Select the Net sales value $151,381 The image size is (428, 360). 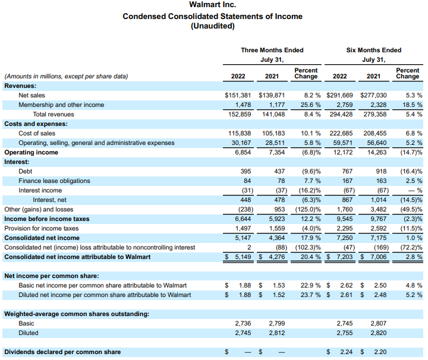tap(238, 95)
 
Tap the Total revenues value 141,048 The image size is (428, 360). tap(273, 114)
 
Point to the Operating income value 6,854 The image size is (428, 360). tap(241, 152)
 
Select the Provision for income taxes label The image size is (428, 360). tap(41, 228)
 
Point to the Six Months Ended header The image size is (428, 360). tap(374, 50)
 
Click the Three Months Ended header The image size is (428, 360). tap(272, 50)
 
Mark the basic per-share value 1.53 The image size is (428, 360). tap(278, 285)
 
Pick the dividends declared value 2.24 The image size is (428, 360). tap(345, 352)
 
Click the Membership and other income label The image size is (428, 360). tap(61, 105)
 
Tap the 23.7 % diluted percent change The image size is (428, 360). tap(307, 295)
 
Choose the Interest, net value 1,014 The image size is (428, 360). tap(377, 200)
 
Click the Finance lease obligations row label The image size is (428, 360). tap(54, 181)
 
